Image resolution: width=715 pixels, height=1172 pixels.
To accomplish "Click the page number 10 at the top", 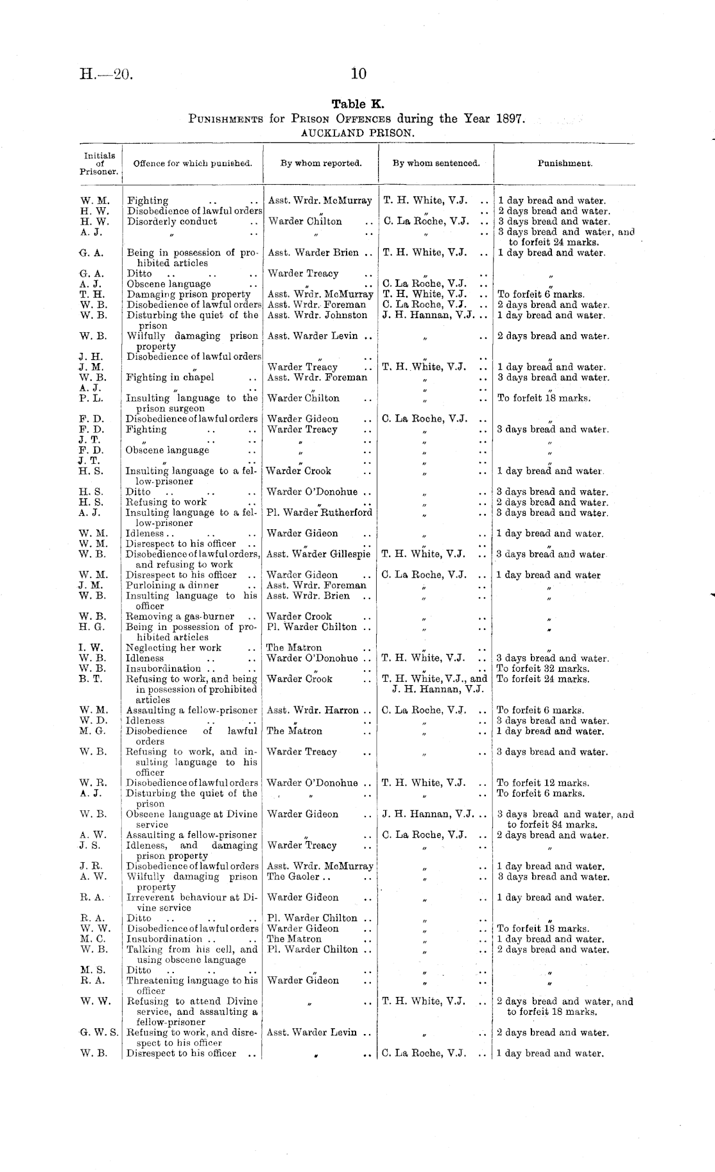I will click(359, 74).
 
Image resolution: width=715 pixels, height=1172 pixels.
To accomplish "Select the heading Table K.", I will click(357, 104).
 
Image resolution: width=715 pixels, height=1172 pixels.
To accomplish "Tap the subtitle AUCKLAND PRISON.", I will click(357, 133).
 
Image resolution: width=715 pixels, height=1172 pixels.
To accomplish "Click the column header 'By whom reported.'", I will click(321, 163).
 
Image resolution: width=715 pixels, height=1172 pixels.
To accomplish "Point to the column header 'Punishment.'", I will click(565, 163).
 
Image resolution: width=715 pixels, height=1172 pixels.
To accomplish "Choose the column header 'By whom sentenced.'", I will click(436, 163).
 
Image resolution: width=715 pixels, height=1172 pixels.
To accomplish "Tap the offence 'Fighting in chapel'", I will click(170, 377).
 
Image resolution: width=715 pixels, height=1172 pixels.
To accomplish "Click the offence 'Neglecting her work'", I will click(174, 648).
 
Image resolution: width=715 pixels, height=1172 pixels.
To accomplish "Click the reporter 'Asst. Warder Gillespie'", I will click(318, 554).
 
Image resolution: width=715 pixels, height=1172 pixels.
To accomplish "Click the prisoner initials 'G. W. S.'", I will click(99, 1033).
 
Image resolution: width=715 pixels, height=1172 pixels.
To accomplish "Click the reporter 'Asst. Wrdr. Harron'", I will click(313, 710).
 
